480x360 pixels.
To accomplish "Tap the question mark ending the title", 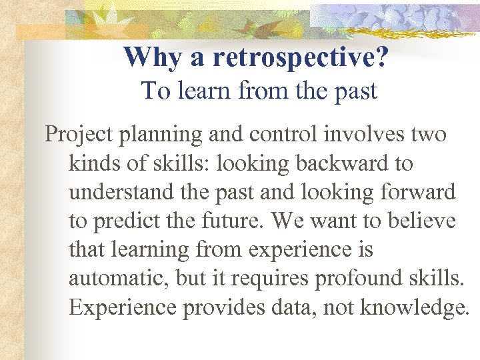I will (x=382, y=57).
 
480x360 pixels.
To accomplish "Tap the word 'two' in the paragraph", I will (x=429, y=135).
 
